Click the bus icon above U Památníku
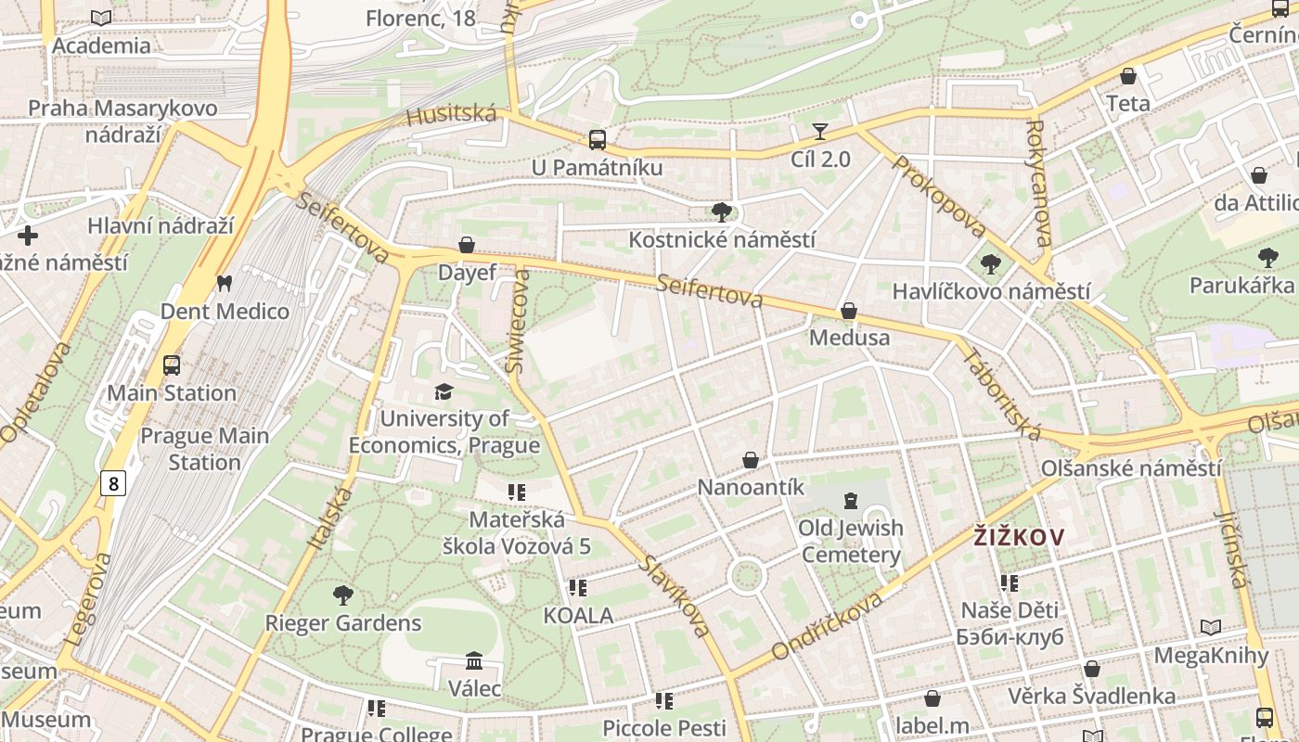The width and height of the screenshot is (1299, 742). click(598, 140)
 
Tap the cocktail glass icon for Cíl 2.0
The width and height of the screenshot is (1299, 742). click(820, 131)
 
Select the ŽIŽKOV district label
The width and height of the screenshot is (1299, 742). click(1018, 536)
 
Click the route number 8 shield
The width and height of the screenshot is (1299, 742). click(113, 483)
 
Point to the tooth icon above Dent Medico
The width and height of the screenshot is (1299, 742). click(224, 283)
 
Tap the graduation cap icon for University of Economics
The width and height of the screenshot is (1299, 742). click(444, 391)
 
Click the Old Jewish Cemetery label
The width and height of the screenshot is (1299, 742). click(850, 542)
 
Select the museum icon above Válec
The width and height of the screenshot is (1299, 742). click(474, 660)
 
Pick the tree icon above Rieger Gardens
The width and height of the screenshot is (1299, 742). click(343, 595)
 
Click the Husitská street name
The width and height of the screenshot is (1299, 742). click(452, 116)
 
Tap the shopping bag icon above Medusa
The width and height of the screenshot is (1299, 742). click(848, 311)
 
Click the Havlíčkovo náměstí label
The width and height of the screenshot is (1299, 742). click(991, 291)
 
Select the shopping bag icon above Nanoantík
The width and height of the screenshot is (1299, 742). click(751, 460)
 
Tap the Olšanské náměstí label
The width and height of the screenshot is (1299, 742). click(1131, 468)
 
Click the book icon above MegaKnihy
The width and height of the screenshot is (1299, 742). click(1210, 628)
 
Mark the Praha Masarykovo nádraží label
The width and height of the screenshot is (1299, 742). click(122, 122)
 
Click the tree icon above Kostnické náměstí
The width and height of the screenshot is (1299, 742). click(721, 212)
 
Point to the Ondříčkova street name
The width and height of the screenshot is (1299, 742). click(828, 627)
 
